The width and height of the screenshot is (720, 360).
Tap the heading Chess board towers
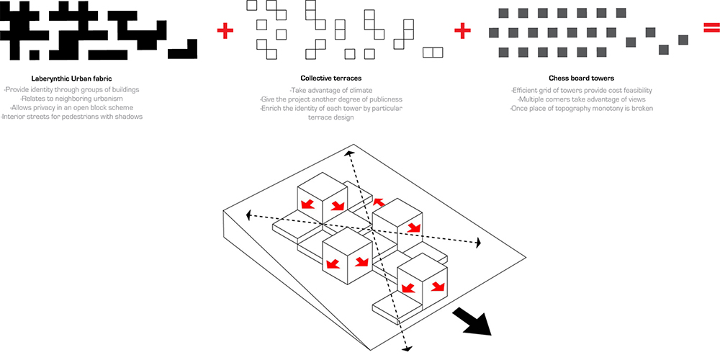point(580,78)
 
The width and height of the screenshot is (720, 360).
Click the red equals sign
point(711,30)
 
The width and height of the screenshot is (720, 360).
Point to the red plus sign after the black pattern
point(225,30)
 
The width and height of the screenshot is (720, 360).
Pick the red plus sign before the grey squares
point(462,30)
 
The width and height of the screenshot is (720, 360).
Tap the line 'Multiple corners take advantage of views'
point(580,99)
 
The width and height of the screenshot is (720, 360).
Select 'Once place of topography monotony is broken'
point(580,108)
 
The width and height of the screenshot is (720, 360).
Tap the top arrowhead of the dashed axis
point(349,154)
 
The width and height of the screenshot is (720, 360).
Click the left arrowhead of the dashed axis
point(249,215)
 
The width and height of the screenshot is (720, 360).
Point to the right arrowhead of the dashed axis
point(477,244)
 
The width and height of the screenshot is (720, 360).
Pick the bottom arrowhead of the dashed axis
point(405,348)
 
